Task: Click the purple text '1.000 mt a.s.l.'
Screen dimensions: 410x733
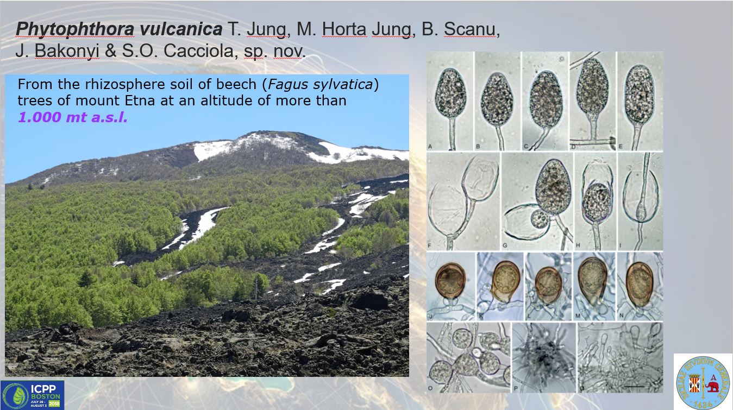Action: (x=72, y=117)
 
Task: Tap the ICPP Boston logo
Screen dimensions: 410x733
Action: (x=32, y=395)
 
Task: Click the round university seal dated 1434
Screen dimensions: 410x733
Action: (x=703, y=380)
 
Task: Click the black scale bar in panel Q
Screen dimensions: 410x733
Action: (x=635, y=386)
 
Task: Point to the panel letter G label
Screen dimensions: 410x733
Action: (x=505, y=245)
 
